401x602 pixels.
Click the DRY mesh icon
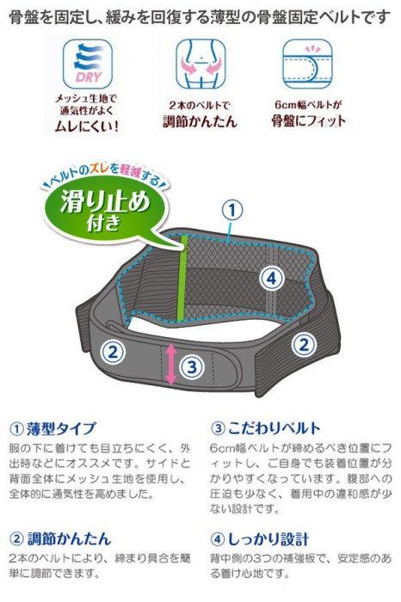pyautogui.click(x=88, y=64)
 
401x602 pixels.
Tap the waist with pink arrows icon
pyautogui.click(x=200, y=64)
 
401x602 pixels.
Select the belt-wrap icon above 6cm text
pyautogui.click(x=307, y=64)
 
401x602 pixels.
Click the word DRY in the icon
pyautogui.click(x=89, y=77)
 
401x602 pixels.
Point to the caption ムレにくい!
pyautogui.click(x=86, y=126)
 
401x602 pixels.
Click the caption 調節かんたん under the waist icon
pyautogui.click(x=200, y=121)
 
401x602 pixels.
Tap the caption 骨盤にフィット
pyautogui.click(x=308, y=121)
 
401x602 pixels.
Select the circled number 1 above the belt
pyautogui.click(x=232, y=211)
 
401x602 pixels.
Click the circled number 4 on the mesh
pyautogui.click(x=271, y=278)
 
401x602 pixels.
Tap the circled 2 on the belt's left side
pyautogui.click(x=113, y=352)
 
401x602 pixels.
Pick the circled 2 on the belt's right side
pyautogui.click(x=305, y=344)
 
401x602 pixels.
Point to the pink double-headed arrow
pyautogui.click(x=171, y=365)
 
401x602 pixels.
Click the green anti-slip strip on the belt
pyautogui.click(x=182, y=279)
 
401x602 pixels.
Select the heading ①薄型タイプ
pyautogui.click(x=52, y=428)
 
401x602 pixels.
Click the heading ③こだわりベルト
pyautogui.click(x=265, y=428)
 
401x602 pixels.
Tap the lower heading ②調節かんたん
pyautogui.click(x=60, y=539)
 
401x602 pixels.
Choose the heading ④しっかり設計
pyautogui.click(x=260, y=539)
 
